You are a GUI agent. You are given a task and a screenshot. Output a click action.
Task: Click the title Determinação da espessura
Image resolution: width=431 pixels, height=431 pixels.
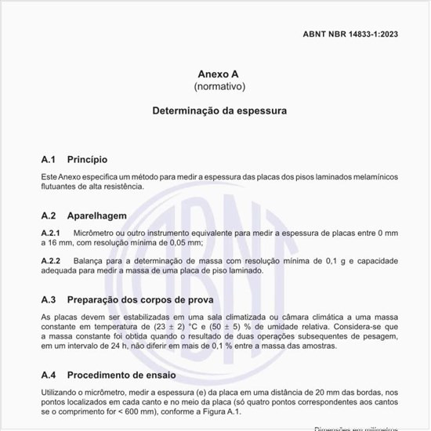coord(219,111)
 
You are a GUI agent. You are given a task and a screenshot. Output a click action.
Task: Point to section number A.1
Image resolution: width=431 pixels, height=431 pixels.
coord(49,159)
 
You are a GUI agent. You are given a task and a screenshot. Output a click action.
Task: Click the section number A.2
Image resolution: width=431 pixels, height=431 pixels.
coord(49,214)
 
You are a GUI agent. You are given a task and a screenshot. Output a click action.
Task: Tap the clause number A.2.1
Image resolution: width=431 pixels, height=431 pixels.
coord(51,234)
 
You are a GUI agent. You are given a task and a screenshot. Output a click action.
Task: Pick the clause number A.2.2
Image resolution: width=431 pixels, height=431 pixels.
coord(51,260)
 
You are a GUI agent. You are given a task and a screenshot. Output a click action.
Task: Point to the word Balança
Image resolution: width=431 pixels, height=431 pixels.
coord(91,260)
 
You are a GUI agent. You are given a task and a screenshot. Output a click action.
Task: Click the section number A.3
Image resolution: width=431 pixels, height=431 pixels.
coord(49,299)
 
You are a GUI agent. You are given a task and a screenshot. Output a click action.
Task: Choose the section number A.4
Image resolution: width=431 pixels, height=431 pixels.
coord(49,375)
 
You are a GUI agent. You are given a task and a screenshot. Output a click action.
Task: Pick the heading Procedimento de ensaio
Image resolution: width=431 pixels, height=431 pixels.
coord(129,375)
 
